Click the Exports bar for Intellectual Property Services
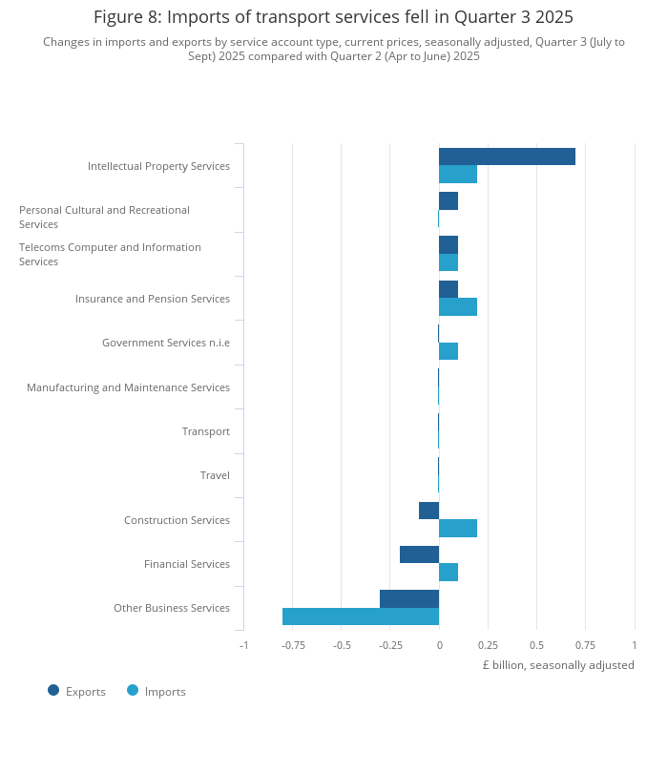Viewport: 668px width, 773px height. [x=507, y=157]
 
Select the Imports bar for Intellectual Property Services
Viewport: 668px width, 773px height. [x=458, y=175]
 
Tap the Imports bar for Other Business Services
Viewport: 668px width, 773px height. [x=361, y=616]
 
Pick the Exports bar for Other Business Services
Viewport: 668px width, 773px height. [x=409, y=598]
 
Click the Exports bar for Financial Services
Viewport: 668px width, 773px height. [x=419, y=554]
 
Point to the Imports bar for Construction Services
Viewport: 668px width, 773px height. [x=458, y=529]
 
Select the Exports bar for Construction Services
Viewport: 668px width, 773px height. [x=428, y=511]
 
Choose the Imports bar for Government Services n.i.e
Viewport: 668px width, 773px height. [x=449, y=351]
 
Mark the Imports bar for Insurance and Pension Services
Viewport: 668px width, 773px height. [x=458, y=307]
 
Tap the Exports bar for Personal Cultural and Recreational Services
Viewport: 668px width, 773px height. [x=449, y=200]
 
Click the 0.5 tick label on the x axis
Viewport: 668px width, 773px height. [x=537, y=644]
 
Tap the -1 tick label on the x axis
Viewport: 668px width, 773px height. [x=243, y=644]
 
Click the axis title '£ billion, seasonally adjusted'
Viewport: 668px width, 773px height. [x=557, y=665]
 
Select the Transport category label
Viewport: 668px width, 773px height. [x=206, y=431]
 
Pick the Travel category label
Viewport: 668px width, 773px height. [x=215, y=475]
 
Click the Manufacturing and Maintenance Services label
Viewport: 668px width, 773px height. [x=128, y=387]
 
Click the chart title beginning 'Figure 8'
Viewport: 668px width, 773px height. [x=334, y=17]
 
